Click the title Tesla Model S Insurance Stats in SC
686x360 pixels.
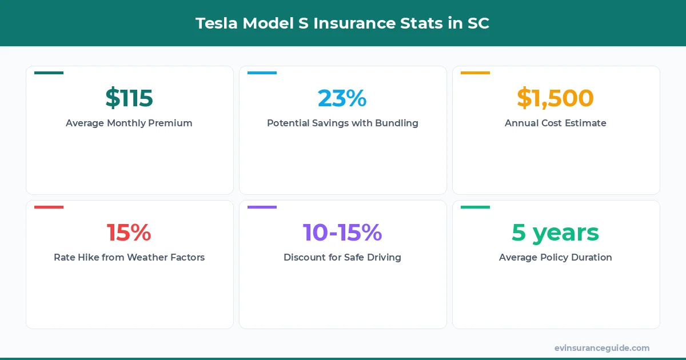(x=342, y=23)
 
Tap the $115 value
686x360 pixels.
(x=129, y=98)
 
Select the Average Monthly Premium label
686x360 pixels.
(x=129, y=123)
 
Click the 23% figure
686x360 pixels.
(x=342, y=98)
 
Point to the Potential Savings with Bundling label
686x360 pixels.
(x=342, y=123)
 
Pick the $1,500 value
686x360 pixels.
(x=555, y=98)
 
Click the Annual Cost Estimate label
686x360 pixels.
(x=555, y=123)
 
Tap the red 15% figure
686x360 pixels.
(x=129, y=233)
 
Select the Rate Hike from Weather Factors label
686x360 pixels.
(x=129, y=257)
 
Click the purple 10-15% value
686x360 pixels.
(x=342, y=233)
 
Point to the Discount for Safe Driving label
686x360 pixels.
(x=342, y=257)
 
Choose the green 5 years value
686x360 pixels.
(x=555, y=233)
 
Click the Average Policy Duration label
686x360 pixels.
(x=555, y=257)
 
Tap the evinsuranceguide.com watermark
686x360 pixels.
(x=601, y=348)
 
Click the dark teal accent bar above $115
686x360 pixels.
(x=49, y=73)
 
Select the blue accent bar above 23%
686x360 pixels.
(x=262, y=73)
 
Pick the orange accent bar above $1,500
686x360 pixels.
(x=475, y=73)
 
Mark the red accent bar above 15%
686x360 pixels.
(x=49, y=207)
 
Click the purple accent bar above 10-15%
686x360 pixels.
(x=262, y=207)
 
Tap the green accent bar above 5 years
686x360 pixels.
(x=475, y=207)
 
